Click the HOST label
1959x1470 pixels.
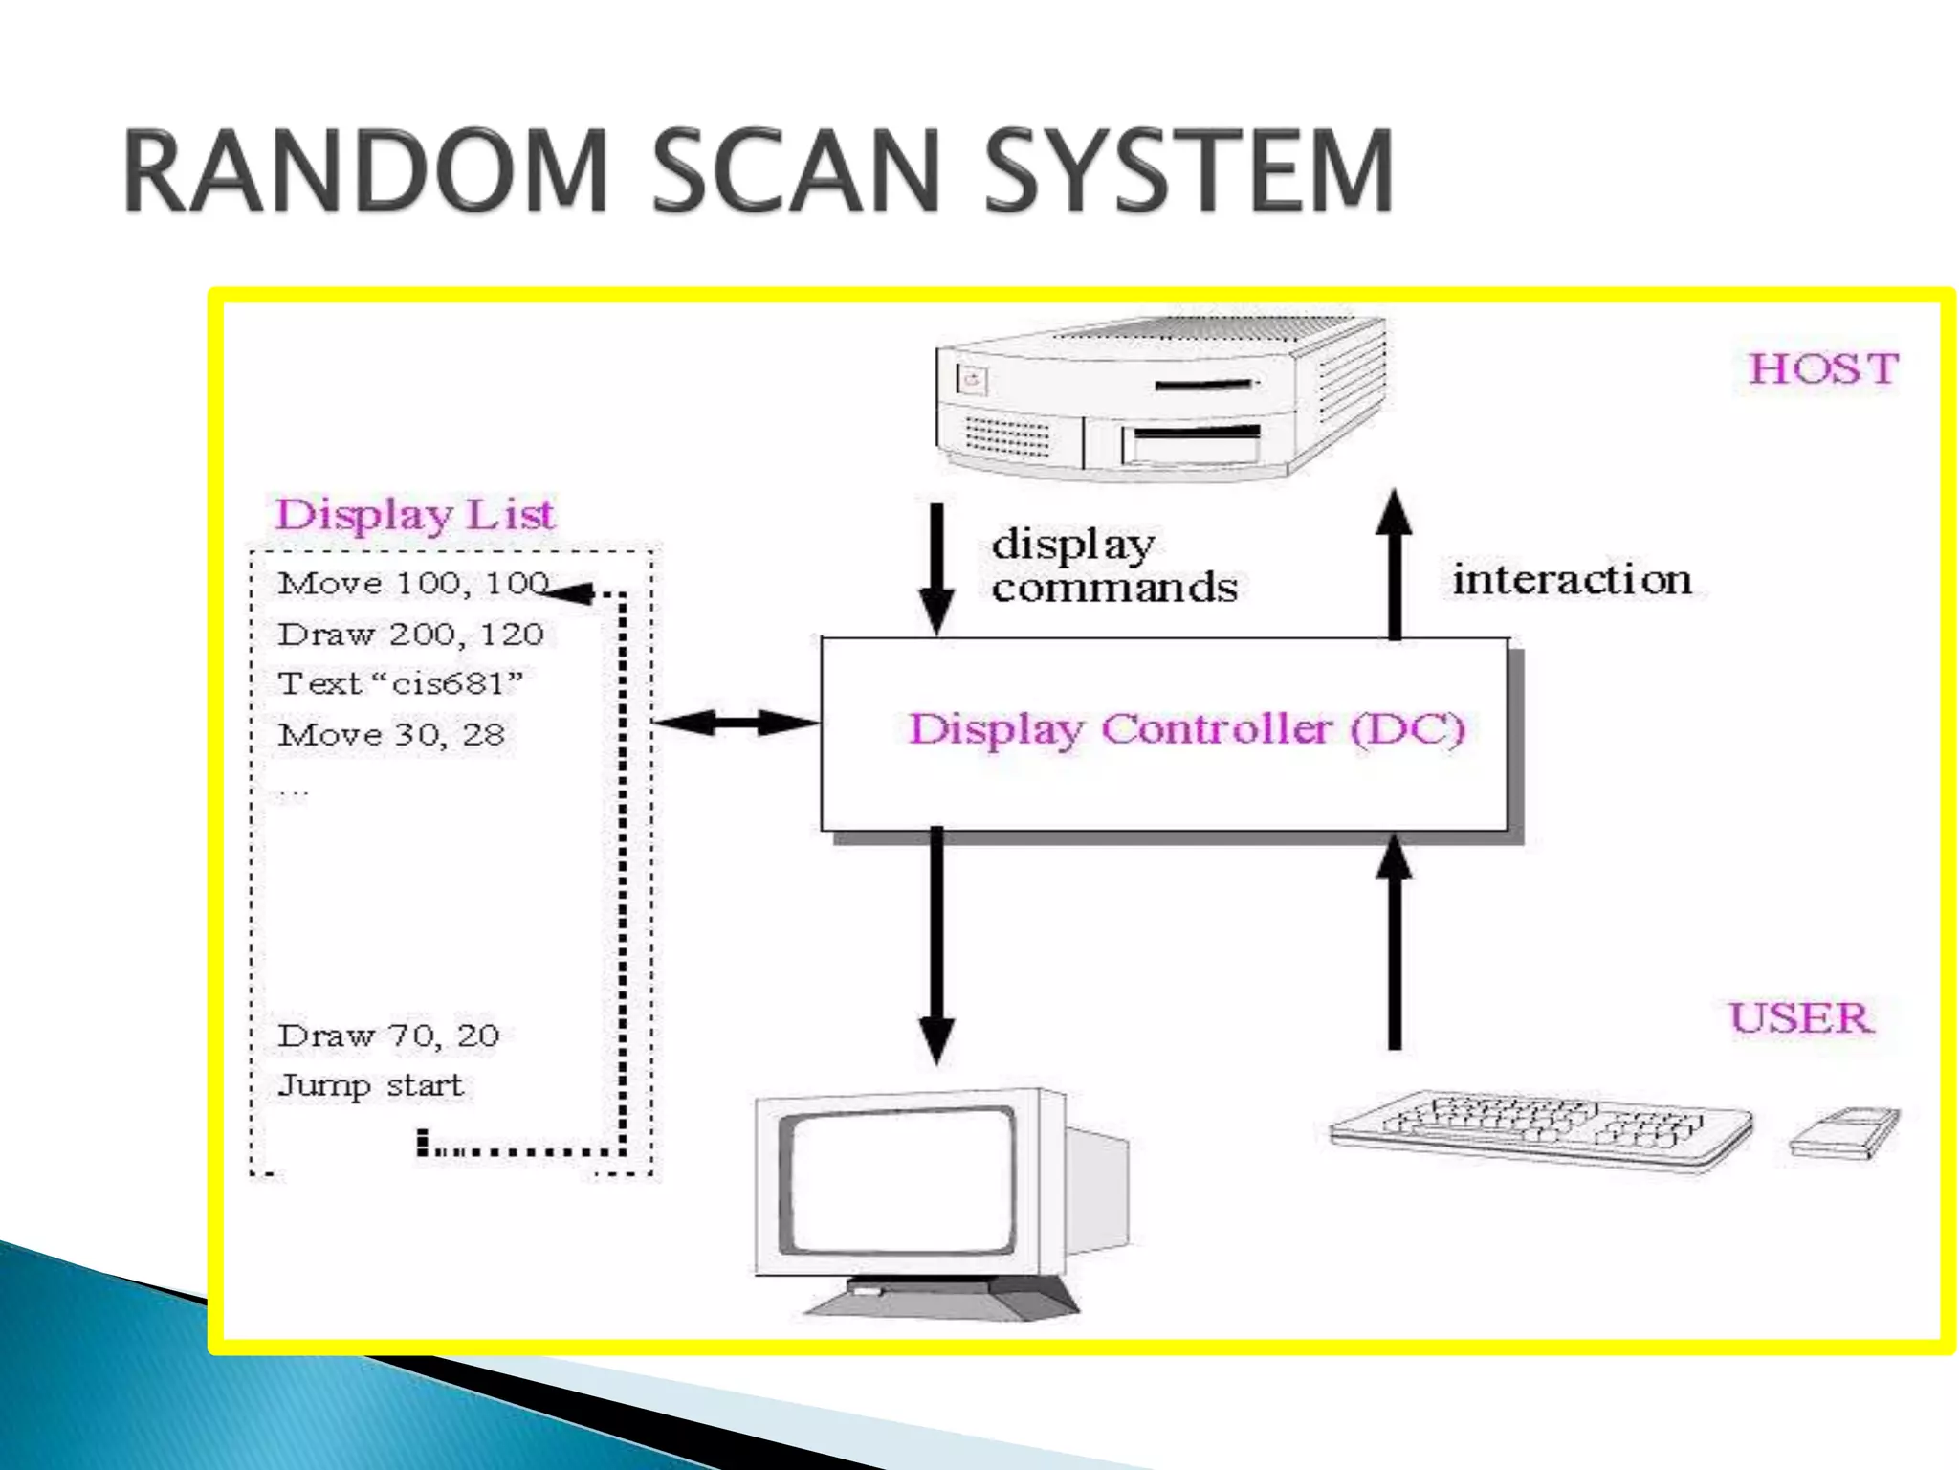1823,368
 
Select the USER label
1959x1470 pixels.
1801,1017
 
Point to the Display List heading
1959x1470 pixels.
414,514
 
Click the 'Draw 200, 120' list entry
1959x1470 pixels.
410,634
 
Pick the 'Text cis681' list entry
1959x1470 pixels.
401,683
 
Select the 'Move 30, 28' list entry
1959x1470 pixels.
391,734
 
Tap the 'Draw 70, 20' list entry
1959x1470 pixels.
388,1035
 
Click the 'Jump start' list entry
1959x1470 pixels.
370,1085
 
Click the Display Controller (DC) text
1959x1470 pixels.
1186,729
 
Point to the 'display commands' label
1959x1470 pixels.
1113,566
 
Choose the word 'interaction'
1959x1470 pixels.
1572,580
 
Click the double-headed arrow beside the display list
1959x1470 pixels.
736,723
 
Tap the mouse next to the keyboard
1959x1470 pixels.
1845,1132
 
